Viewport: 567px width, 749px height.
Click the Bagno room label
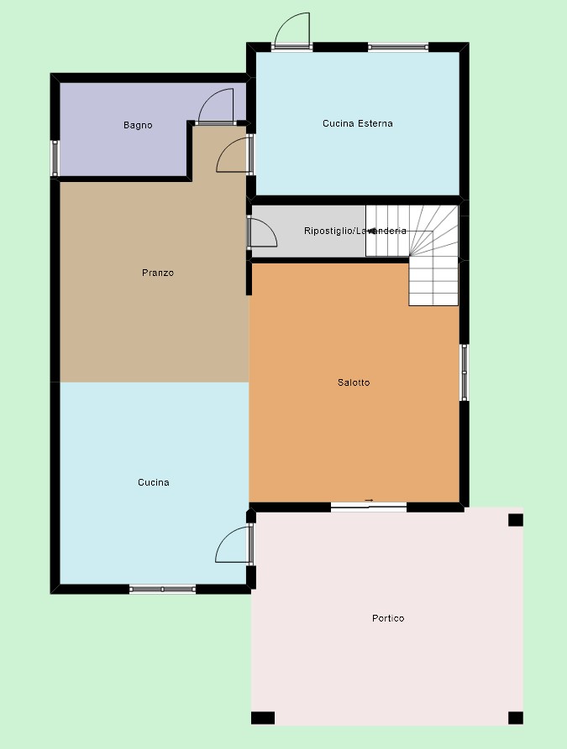click(x=138, y=125)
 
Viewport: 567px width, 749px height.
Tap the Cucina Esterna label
click(x=358, y=123)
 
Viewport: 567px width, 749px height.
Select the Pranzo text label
click(x=158, y=273)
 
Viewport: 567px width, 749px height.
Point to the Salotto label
click(x=354, y=382)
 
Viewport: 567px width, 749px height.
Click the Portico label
click(x=388, y=618)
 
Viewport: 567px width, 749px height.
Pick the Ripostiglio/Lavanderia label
click(x=355, y=231)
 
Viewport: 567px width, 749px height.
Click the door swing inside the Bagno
click(x=216, y=106)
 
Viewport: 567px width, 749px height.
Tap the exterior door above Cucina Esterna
click(x=291, y=29)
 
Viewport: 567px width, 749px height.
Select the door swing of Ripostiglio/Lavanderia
click(x=262, y=232)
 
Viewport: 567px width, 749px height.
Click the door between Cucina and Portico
click(x=234, y=544)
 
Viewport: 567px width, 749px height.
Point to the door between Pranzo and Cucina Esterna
click(x=234, y=154)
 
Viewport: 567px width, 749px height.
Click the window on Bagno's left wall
click(x=55, y=159)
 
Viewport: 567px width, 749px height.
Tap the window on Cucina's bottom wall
click(x=163, y=590)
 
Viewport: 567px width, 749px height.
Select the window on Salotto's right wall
click(x=464, y=372)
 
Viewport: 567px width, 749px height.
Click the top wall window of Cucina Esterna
click(x=398, y=47)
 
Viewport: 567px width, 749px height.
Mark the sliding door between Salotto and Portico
click(x=369, y=507)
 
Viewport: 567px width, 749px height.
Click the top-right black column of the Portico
click(x=515, y=520)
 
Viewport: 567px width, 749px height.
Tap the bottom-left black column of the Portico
click(x=263, y=718)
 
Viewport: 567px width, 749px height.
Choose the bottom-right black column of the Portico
click(x=515, y=718)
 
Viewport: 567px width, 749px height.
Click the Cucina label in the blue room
click(x=154, y=482)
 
